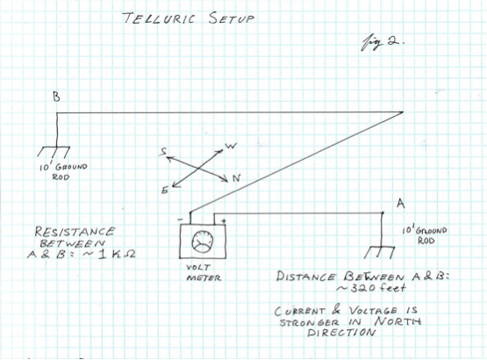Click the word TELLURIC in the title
click(159, 18)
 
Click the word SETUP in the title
click(232, 18)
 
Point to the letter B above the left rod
click(56, 97)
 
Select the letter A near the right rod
click(401, 204)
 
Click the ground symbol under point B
click(54, 151)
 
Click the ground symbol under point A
click(379, 252)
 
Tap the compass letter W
click(231, 146)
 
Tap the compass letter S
click(163, 152)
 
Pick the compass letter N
click(237, 178)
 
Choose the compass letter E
click(165, 191)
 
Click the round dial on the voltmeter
click(203, 241)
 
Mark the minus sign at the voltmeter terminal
click(181, 220)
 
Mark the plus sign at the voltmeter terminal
click(224, 221)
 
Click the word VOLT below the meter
click(198, 267)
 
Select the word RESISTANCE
click(75, 232)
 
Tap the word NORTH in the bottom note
click(397, 321)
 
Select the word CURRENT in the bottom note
click(300, 311)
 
